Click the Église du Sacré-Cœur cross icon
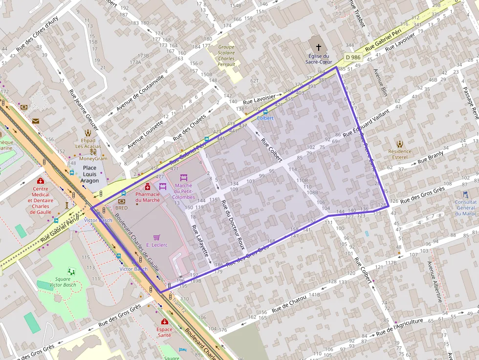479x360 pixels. pyautogui.click(x=319, y=47)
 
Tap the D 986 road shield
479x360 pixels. pyautogui.click(x=352, y=57)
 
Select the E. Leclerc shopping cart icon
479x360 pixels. pyautogui.click(x=157, y=237)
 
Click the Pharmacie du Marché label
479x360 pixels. pyautogui.click(x=148, y=197)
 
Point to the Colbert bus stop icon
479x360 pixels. pyautogui.click(x=265, y=112)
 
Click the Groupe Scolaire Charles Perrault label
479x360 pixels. pyautogui.click(x=226, y=56)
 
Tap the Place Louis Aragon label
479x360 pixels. pyautogui.click(x=89, y=174)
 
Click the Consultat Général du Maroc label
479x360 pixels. pyautogui.click(x=465, y=207)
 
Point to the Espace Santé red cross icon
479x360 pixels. pyautogui.click(x=165, y=322)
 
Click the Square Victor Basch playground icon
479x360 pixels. pyautogui.click(x=72, y=271)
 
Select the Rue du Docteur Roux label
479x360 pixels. pyautogui.click(x=232, y=225)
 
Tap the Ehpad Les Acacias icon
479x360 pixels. pyautogui.click(x=88, y=132)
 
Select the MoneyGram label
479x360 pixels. pyautogui.click(x=93, y=159)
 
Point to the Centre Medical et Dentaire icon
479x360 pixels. pyautogui.click(x=40, y=181)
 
